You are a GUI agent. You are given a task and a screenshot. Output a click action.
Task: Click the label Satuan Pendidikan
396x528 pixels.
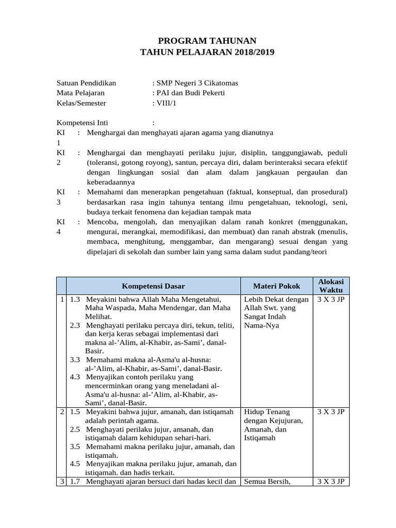[86, 82]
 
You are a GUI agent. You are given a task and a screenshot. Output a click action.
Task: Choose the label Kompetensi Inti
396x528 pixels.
[82, 123]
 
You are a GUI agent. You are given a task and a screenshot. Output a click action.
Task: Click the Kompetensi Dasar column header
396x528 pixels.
[153, 286]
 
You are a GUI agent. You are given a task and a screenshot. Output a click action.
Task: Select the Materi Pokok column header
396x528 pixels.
[276, 286]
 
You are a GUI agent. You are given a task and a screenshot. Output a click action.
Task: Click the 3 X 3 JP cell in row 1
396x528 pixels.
[331, 300]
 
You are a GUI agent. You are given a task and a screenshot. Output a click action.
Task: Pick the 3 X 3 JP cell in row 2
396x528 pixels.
[331, 412]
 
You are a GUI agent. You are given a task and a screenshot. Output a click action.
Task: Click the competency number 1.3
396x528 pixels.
[75, 300]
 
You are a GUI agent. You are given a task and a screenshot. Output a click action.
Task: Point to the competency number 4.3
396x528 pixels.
[75, 377]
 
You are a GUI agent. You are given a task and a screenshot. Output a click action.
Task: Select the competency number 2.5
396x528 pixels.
[75, 429]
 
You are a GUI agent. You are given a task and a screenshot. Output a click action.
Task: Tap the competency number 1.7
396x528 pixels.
[75, 482]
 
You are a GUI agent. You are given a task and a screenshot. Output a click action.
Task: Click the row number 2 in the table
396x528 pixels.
[61, 412]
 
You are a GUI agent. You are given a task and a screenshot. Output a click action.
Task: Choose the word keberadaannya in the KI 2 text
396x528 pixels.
[111, 182]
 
